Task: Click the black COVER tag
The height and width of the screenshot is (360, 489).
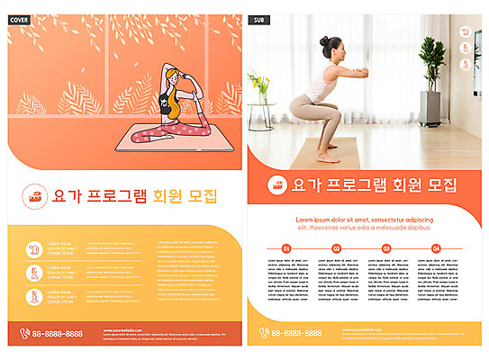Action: click(19, 19)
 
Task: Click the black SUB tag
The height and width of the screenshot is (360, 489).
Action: click(259, 19)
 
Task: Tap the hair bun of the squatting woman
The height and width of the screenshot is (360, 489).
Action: click(326, 40)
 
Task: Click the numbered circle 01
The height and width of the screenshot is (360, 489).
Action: click(286, 248)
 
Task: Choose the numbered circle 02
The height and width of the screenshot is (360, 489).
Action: click(336, 248)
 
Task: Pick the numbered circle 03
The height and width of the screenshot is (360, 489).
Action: click(386, 248)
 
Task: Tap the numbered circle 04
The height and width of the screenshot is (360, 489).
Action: click(436, 248)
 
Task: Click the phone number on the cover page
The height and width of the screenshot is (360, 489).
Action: click(58, 333)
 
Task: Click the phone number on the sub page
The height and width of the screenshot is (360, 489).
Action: click(296, 333)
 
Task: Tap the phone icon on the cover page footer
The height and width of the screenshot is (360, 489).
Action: click(24, 333)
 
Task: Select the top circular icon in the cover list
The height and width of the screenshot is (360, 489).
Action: click(34, 247)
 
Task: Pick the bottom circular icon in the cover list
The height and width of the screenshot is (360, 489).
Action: click(34, 296)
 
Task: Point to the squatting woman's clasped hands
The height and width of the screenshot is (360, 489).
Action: click(366, 70)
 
